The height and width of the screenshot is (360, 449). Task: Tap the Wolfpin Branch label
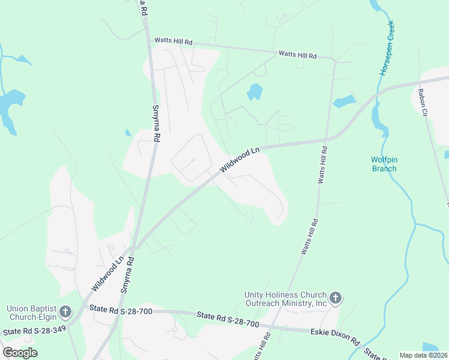384,164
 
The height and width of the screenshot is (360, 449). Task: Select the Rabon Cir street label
424,102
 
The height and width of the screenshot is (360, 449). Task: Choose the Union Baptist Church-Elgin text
31,313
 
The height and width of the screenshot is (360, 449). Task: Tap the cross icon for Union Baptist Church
65,311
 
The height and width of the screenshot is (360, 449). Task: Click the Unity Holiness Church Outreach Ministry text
285,299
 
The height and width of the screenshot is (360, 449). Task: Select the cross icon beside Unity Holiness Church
335,297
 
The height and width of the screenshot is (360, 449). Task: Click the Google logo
20,352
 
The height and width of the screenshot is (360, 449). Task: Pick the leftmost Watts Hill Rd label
173,41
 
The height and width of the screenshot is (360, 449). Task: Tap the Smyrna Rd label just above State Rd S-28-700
128,275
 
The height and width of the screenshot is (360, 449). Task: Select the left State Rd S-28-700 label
121,310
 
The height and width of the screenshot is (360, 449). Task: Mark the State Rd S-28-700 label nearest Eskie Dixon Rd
230,320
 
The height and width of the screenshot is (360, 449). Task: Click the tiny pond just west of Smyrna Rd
128,133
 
